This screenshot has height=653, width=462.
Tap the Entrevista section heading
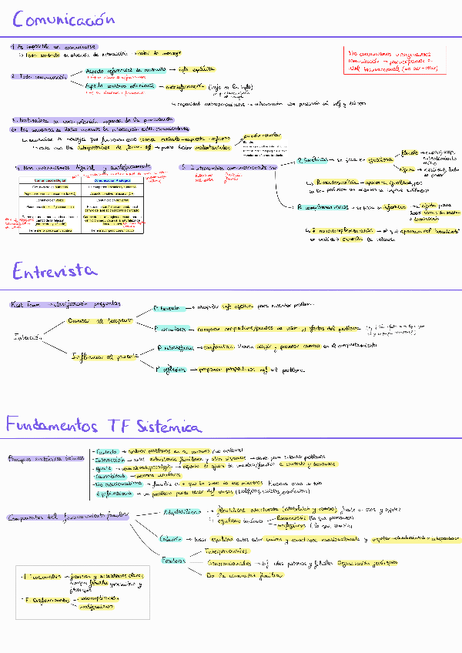pos(54,270)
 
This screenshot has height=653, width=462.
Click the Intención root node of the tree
pos(28,337)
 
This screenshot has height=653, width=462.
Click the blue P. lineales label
pos(170,307)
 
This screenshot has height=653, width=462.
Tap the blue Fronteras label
pos(175,561)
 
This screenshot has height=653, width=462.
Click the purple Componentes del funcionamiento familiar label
pos(64,517)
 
